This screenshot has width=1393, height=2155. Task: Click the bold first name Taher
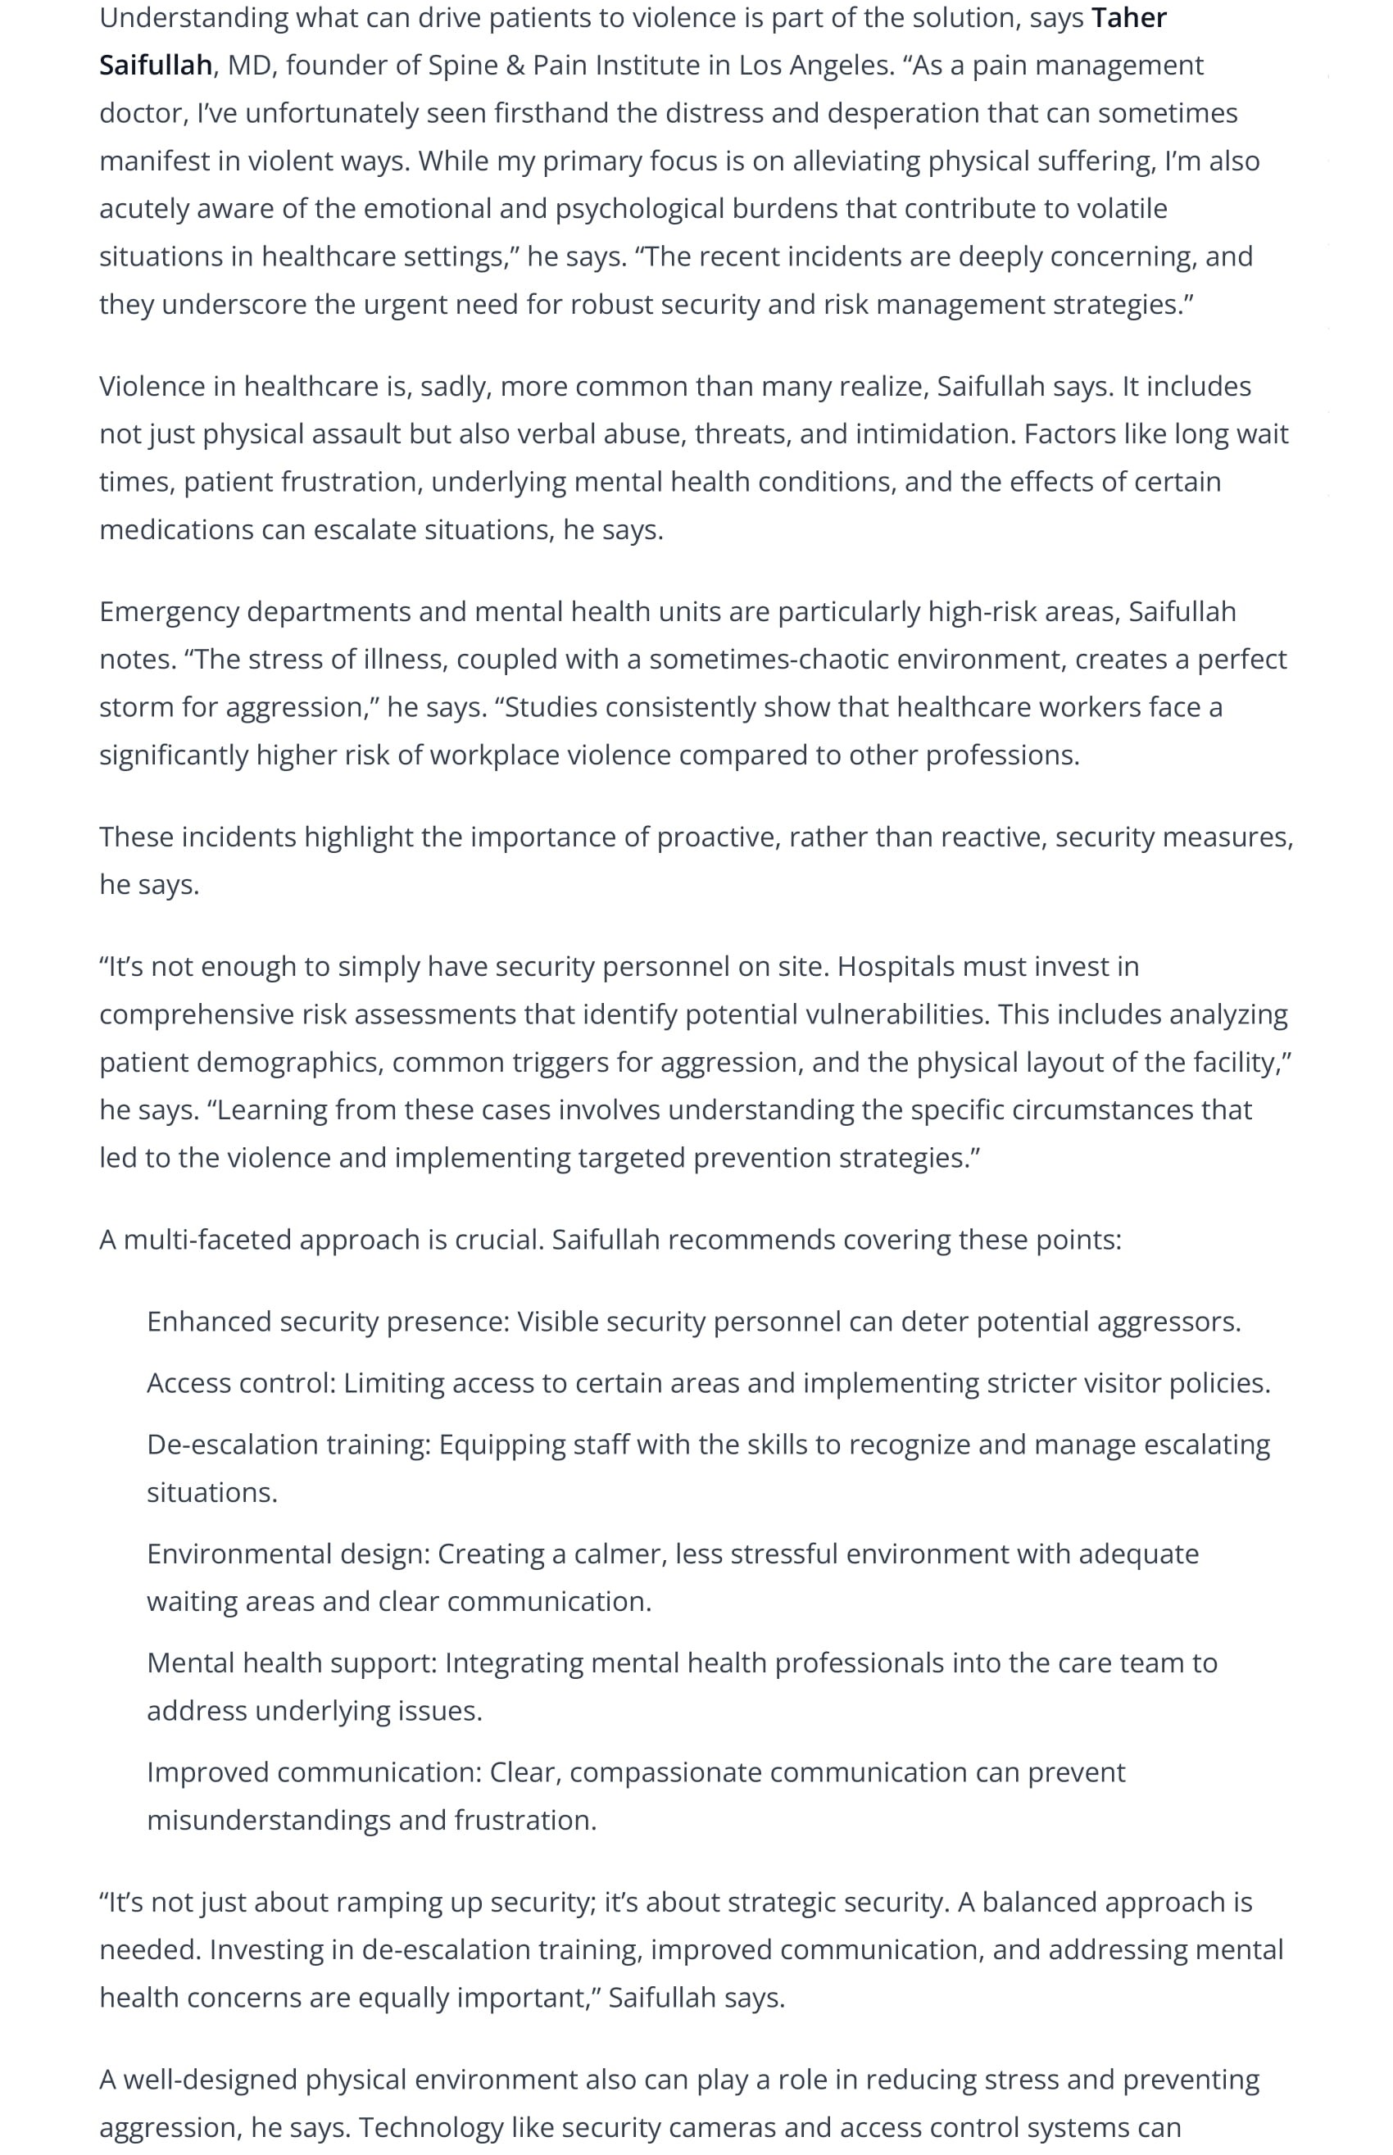(1129, 18)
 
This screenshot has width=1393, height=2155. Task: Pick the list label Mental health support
(293, 1663)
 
